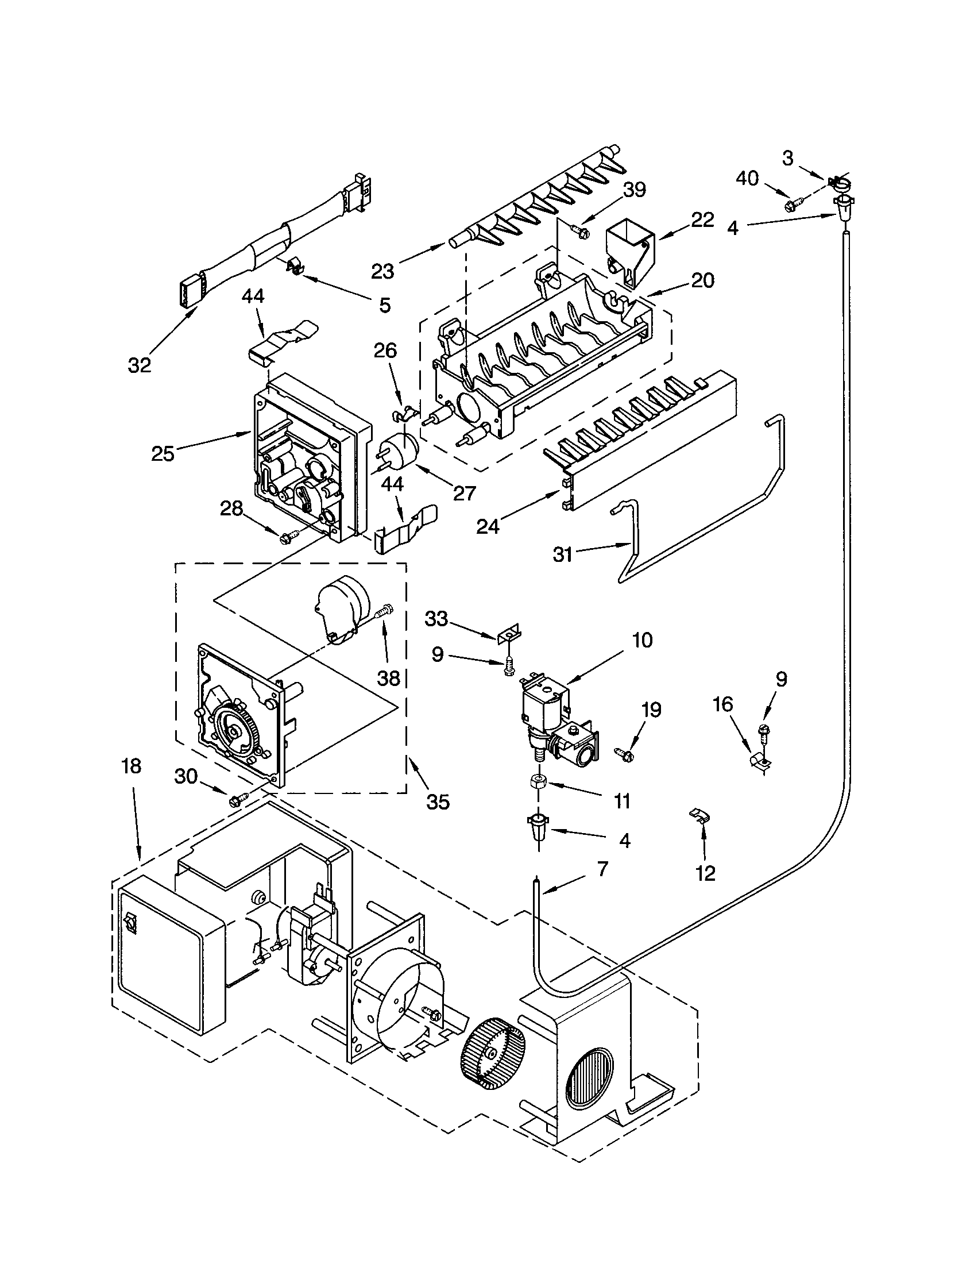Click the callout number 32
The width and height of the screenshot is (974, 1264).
pyautogui.click(x=140, y=365)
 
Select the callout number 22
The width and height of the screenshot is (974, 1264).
pyautogui.click(x=702, y=220)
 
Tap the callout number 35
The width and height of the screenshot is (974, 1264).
pyautogui.click(x=437, y=801)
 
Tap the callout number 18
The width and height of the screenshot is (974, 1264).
pyautogui.click(x=132, y=766)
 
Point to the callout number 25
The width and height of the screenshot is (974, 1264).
pyautogui.click(x=163, y=454)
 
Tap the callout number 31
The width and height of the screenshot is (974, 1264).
pyautogui.click(x=562, y=554)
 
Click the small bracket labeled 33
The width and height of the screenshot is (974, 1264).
pyautogui.click(x=508, y=633)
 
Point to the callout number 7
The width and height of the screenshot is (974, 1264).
pyautogui.click(x=602, y=868)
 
